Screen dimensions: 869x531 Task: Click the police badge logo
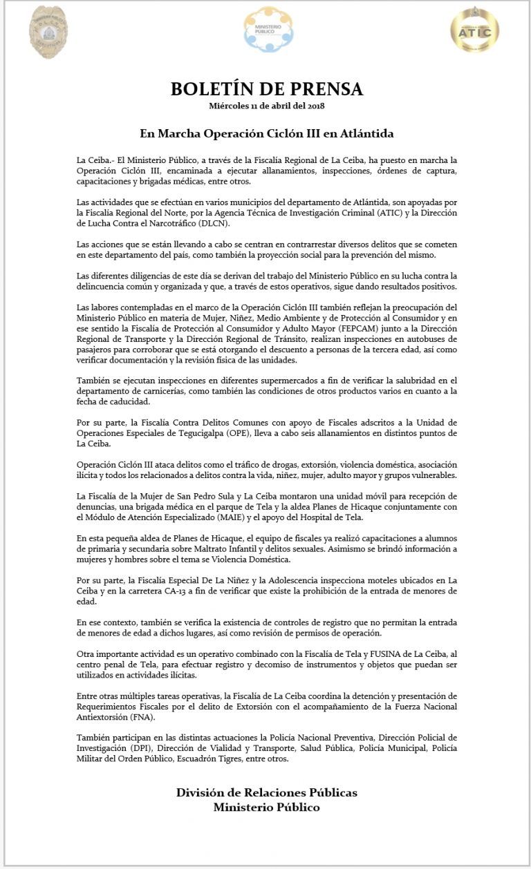pyautogui.click(x=48, y=32)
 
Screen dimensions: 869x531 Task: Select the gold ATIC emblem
pyautogui.click(x=474, y=30)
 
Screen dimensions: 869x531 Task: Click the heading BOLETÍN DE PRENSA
pyautogui.click(x=267, y=89)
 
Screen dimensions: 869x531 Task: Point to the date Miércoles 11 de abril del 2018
pyautogui.click(x=267, y=106)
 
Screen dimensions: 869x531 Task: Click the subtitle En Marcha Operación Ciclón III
pyautogui.click(x=267, y=132)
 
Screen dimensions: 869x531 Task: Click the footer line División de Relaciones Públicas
pyautogui.click(x=267, y=792)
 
